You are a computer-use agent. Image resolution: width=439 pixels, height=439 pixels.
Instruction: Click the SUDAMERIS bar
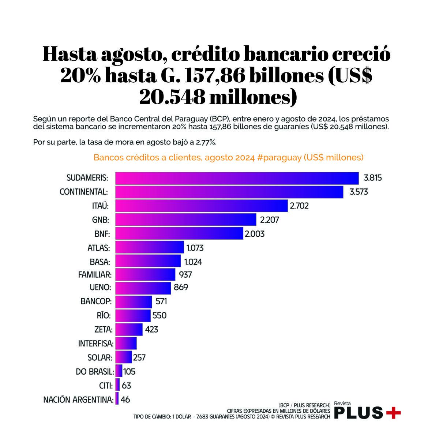click(x=237, y=178)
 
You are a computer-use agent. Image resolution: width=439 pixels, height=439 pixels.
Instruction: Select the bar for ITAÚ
click(x=202, y=206)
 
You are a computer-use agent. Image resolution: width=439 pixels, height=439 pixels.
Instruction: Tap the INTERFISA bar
click(x=126, y=343)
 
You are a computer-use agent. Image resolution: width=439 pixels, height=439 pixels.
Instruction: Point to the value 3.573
click(x=359, y=192)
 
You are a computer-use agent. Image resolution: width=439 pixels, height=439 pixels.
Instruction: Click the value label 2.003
click(x=254, y=234)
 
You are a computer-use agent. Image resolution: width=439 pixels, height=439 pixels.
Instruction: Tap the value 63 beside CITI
click(x=126, y=386)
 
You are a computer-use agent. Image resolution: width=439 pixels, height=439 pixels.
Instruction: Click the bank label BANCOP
click(x=96, y=302)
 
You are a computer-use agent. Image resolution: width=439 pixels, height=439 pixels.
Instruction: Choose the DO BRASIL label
click(x=95, y=372)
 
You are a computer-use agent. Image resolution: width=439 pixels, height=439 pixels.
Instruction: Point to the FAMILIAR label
click(x=95, y=274)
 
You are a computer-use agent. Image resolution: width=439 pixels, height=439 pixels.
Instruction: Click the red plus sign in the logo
click(x=393, y=413)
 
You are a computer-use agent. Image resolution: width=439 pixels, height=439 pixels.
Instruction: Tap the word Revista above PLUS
click(x=342, y=404)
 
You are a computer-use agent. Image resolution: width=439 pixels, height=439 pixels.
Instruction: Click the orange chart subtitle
click(x=228, y=158)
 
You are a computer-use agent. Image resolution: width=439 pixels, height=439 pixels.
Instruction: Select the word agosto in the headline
click(x=132, y=55)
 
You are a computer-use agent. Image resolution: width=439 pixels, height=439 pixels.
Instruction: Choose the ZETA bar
click(x=129, y=330)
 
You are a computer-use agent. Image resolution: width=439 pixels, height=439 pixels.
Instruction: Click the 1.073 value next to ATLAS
click(x=195, y=248)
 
